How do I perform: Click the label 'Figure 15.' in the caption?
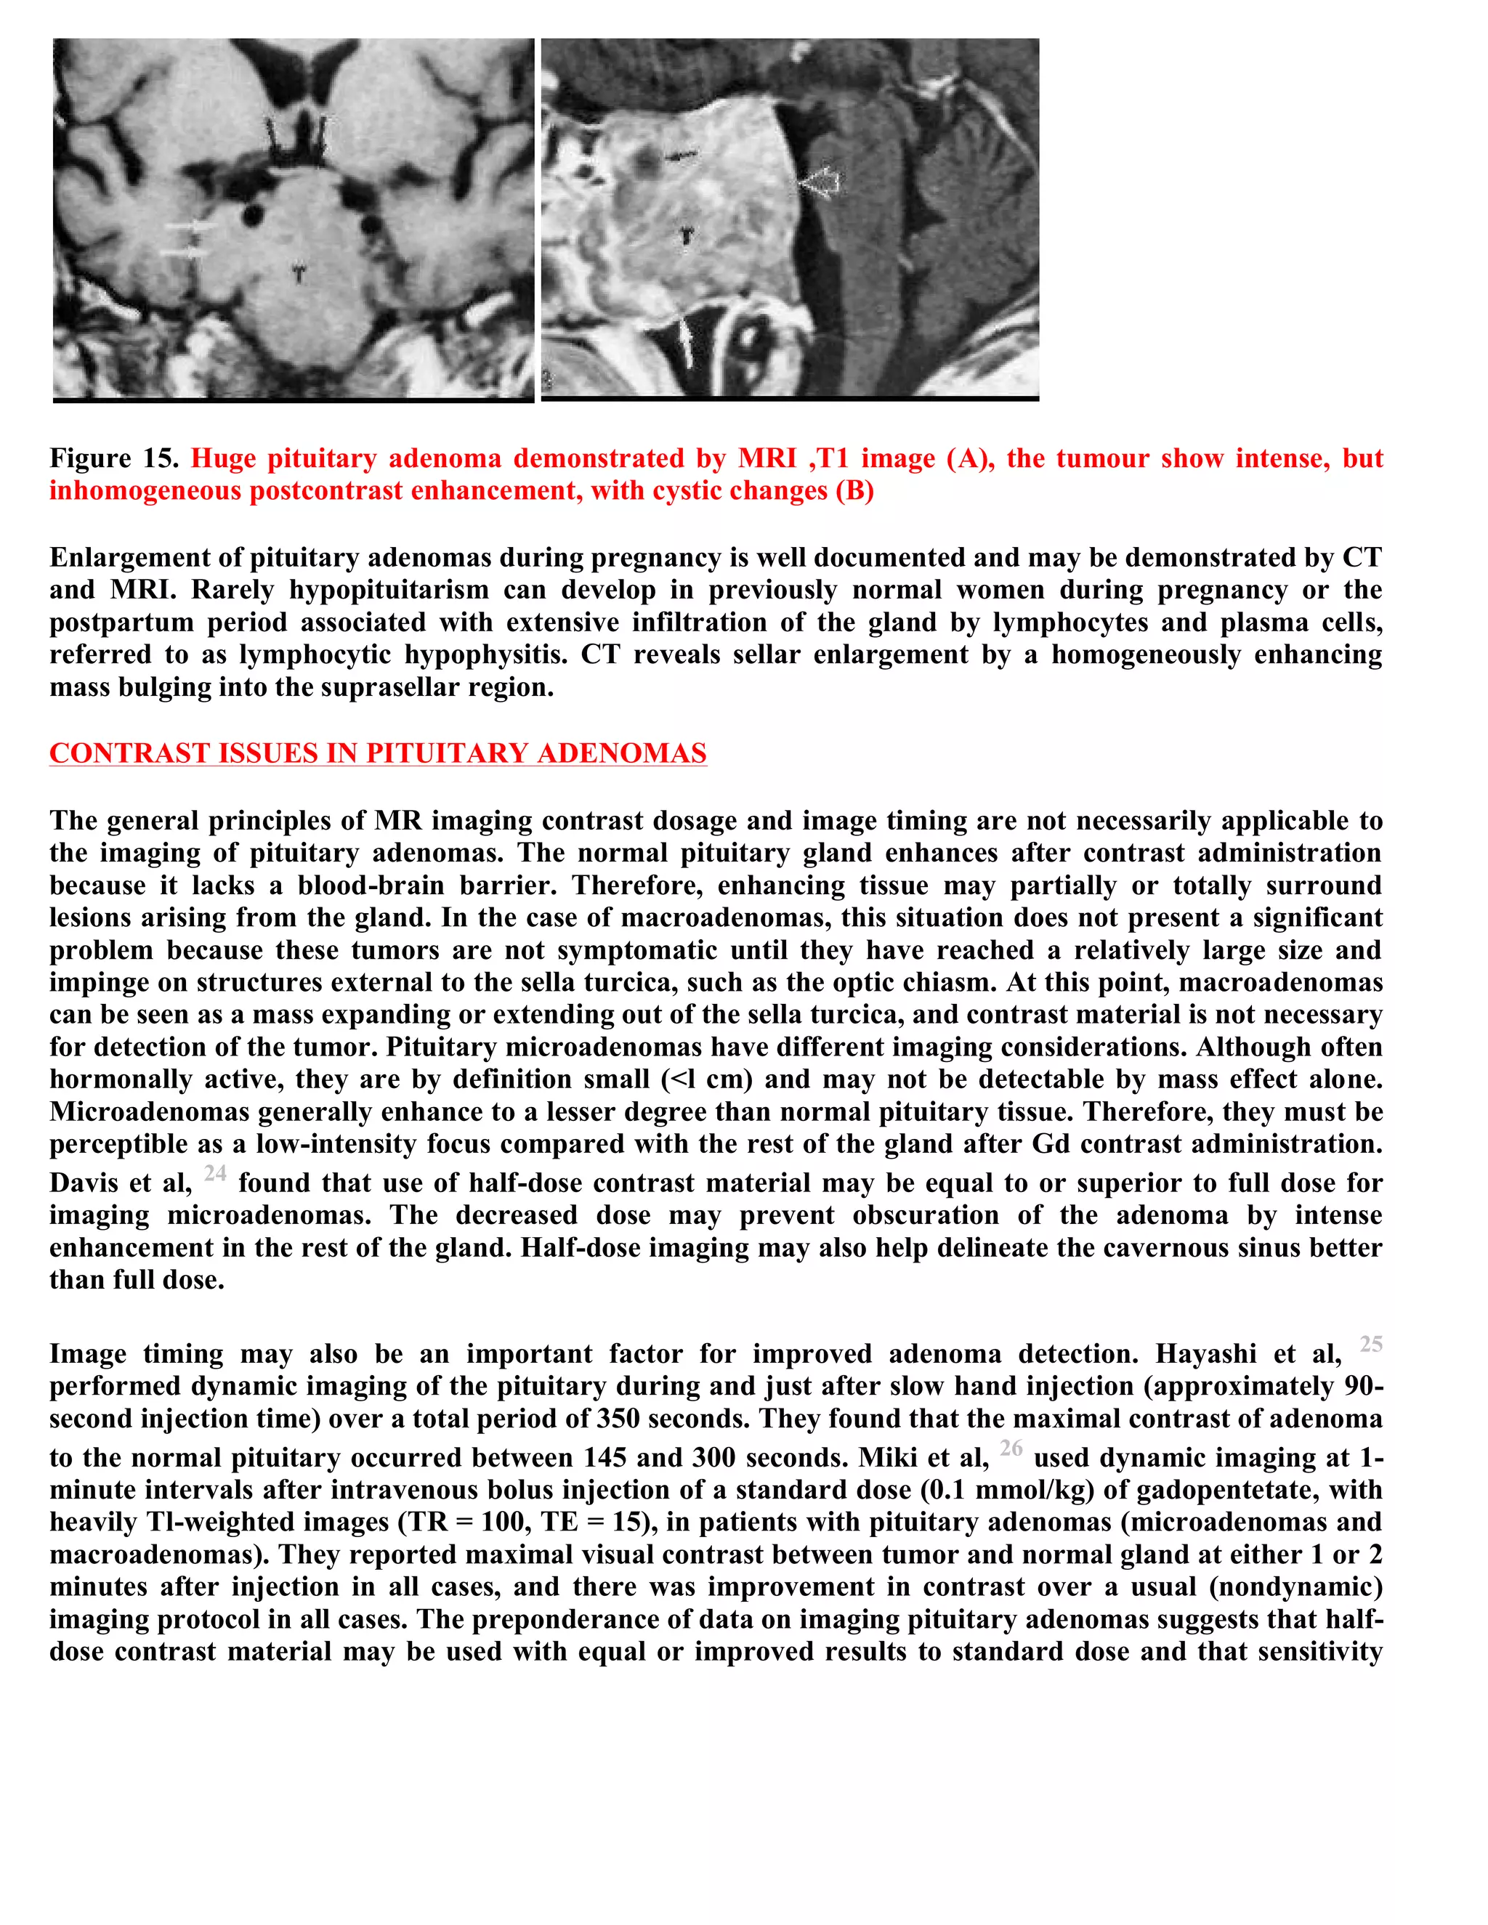(x=113, y=458)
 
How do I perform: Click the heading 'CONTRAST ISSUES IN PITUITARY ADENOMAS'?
(x=377, y=753)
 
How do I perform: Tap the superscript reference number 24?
(x=215, y=1173)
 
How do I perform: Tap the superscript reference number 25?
(x=1371, y=1344)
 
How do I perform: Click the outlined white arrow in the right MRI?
(x=821, y=182)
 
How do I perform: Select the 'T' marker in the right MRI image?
(x=687, y=235)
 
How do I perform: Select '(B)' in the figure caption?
(x=854, y=491)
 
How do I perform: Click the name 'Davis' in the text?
(x=87, y=1183)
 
